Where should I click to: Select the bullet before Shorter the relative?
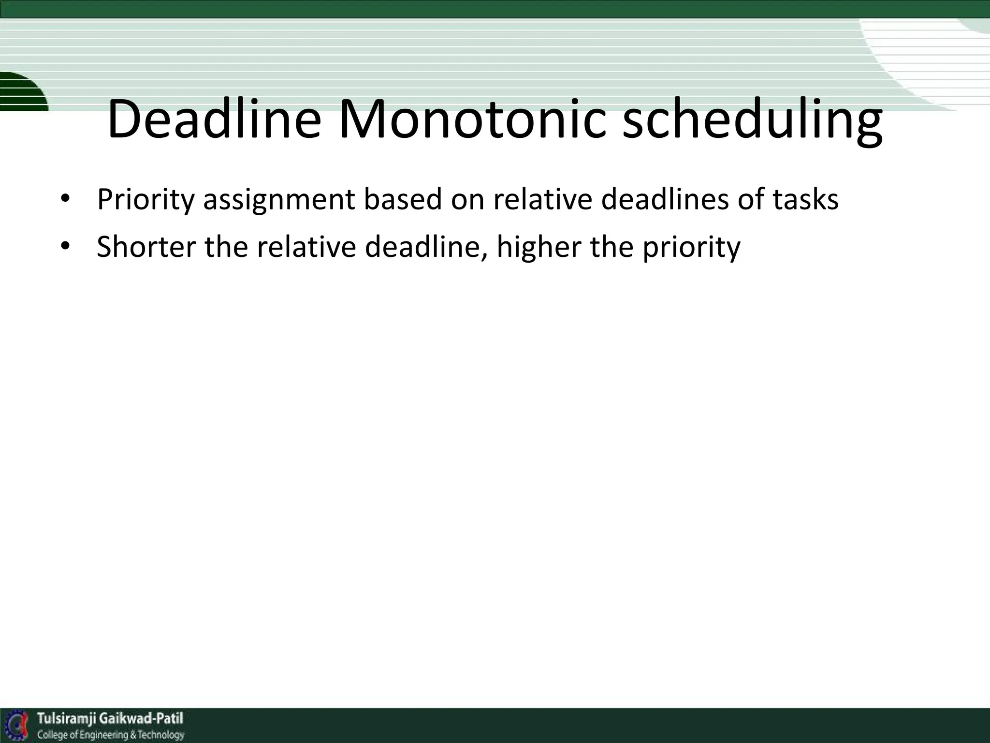click(65, 247)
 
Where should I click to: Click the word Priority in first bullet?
click(145, 199)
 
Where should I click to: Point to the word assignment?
click(279, 199)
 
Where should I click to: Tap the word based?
click(403, 199)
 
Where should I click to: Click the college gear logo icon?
click(16, 726)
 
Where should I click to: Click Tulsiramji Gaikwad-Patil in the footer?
click(110, 718)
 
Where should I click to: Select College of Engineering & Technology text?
click(111, 735)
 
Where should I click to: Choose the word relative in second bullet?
click(306, 247)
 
